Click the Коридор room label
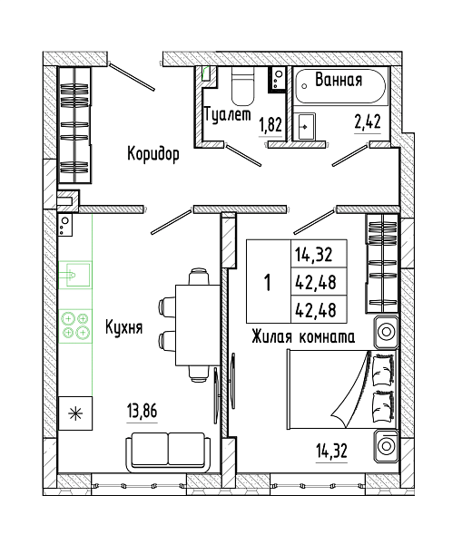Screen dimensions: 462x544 pyautogui.click(x=153, y=154)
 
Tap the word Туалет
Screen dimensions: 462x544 pyautogui.click(x=228, y=114)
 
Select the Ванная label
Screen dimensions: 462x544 pyautogui.click(x=339, y=80)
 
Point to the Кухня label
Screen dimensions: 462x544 pyautogui.click(x=124, y=327)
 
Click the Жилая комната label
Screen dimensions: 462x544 pyautogui.click(x=303, y=336)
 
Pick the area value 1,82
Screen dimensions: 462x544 pyautogui.click(x=270, y=125)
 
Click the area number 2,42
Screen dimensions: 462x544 pyautogui.click(x=368, y=121)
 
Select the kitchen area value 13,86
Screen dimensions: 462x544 pyautogui.click(x=143, y=411)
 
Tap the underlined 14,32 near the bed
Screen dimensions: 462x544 pyautogui.click(x=331, y=451)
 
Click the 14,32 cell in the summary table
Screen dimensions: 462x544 pyautogui.click(x=314, y=254)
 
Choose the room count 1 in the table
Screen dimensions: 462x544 pyautogui.click(x=268, y=282)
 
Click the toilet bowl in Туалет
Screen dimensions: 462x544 pyautogui.click(x=242, y=86)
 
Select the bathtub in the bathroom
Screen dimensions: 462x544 pyautogui.click(x=340, y=86)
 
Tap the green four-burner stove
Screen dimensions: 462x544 pyautogui.click(x=75, y=325)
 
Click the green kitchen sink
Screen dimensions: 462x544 pyautogui.click(x=75, y=275)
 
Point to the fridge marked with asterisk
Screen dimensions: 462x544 pyautogui.click(x=75, y=413)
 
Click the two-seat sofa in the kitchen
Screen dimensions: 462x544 pyautogui.click(x=168, y=452)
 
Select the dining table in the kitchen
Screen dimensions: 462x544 pyautogui.click(x=198, y=325)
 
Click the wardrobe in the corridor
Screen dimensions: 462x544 pyautogui.click(x=74, y=125)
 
